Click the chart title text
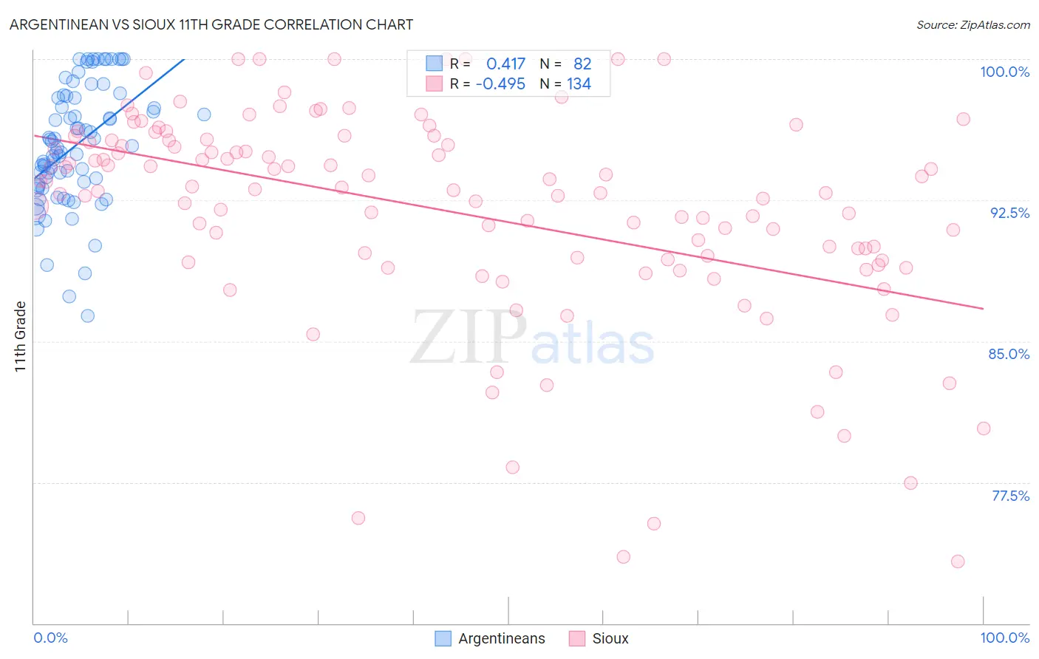pyautogui.click(x=211, y=24)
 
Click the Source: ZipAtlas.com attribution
pyautogui.click(x=972, y=24)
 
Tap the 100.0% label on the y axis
pyautogui.click(x=1004, y=72)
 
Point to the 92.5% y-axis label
pyautogui.click(x=1009, y=213)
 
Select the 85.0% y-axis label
pyautogui.click(x=1008, y=354)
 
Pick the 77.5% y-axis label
pyautogui.click(x=1009, y=496)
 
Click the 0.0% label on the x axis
pyautogui.click(x=50, y=638)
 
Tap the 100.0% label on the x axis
pyautogui.click(x=1004, y=638)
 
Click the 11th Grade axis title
pyautogui.click(x=20, y=336)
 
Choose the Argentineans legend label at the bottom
pyautogui.click(x=501, y=638)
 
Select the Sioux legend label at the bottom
pyautogui.click(x=610, y=638)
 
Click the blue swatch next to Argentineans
pyautogui.click(x=443, y=638)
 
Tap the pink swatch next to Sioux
pyautogui.click(x=576, y=638)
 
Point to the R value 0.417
pyautogui.click(x=505, y=64)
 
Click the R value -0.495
pyautogui.click(x=500, y=83)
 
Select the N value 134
pyautogui.click(x=579, y=83)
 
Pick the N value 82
pyautogui.click(x=582, y=64)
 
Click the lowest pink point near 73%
pyautogui.click(x=958, y=561)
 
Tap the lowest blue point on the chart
pyautogui.click(x=87, y=315)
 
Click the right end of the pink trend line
pyautogui.click(x=983, y=308)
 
